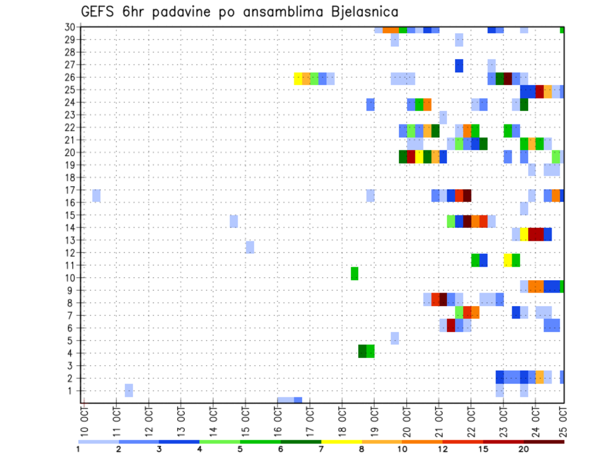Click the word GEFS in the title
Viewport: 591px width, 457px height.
99,12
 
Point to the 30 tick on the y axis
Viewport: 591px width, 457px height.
70,27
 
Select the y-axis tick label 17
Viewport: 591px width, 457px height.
70,190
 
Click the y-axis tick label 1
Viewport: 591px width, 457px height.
72,390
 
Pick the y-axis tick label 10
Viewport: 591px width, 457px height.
70,278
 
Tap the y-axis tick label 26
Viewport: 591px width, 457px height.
70,77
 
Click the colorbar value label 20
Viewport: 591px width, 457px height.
524,449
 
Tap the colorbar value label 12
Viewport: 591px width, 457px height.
443,449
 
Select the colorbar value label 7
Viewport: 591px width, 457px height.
321,449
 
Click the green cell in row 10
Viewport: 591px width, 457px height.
355,273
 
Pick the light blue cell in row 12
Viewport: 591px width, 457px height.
250,247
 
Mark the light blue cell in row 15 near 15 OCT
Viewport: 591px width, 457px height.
234,221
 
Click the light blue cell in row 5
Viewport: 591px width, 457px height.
395,338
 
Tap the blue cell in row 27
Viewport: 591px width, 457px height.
459,65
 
